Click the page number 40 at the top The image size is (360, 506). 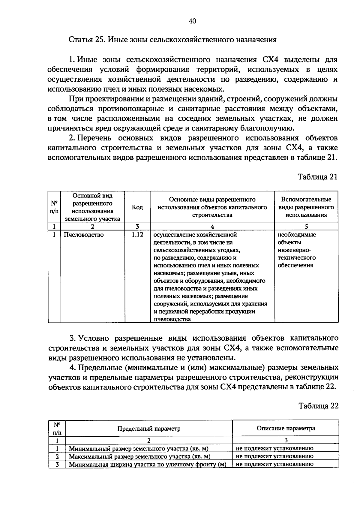tap(192, 21)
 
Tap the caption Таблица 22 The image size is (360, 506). tap(318, 406)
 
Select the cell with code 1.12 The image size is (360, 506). tap(137, 235)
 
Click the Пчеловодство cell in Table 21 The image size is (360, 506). tap(84, 235)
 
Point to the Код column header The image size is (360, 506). tap(137, 207)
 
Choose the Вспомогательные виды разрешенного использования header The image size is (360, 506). tap(306, 207)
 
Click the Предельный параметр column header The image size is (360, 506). tap(149, 429)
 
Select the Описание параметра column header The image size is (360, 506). tap(286, 428)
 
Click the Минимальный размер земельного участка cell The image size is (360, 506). tap(139, 449)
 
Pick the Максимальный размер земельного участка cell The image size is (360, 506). tap(140, 456)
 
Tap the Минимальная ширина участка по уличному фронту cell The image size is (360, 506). tap(147, 464)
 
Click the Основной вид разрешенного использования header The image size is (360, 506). tap(92, 207)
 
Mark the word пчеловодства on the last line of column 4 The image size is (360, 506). tap(172, 319)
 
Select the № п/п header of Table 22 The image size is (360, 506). tap(57, 429)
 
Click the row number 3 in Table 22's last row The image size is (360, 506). tap(57, 464)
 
